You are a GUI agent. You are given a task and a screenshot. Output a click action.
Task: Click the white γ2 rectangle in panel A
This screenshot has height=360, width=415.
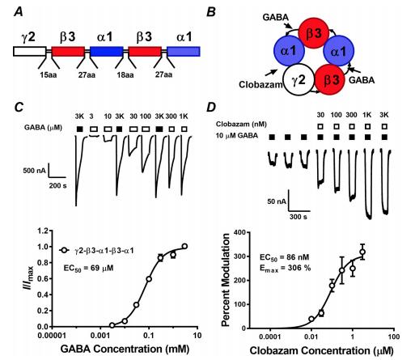pyautogui.click(x=30, y=51)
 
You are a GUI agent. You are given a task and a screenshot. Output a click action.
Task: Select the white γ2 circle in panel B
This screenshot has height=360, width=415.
pyautogui.click(x=299, y=80)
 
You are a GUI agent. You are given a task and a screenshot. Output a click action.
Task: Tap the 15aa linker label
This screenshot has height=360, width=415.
pyautogui.click(x=49, y=74)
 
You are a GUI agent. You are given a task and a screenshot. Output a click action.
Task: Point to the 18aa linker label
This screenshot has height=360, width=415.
pyautogui.click(x=125, y=74)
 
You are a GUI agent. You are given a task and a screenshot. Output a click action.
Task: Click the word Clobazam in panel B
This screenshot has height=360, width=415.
pyautogui.click(x=260, y=85)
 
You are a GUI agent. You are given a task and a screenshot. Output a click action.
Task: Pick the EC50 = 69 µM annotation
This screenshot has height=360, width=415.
pyautogui.click(x=88, y=269)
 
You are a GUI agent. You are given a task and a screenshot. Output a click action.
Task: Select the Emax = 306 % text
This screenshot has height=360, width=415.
pyautogui.click(x=286, y=268)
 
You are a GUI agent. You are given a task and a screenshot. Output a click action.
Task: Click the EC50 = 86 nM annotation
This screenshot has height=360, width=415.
pyautogui.click(x=285, y=257)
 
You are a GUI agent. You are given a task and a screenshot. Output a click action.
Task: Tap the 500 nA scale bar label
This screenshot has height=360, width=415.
pyautogui.click(x=35, y=171)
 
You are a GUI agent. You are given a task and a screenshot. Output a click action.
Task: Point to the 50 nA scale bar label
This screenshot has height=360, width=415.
pyautogui.click(x=277, y=201)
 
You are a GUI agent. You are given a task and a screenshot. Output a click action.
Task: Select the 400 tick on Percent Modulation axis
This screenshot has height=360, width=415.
pyautogui.click(x=239, y=232)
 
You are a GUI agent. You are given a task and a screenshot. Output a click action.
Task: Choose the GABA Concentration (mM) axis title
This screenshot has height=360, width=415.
pyautogui.click(x=125, y=349)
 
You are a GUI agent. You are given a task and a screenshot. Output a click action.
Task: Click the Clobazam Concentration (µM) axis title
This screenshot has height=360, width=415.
pyautogui.click(x=322, y=351)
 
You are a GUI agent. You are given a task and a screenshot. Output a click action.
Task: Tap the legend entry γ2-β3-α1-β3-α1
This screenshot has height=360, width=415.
pyautogui.click(x=97, y=251)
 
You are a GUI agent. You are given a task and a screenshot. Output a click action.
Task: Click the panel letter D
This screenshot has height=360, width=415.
pyautogui.click(x=211, y=108)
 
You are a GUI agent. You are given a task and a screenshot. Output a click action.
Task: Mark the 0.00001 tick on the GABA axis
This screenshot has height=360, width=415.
pyautogui.click(x=53, y=336)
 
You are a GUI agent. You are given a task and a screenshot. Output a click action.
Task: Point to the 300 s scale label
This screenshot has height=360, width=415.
pyautogui.click(x=299, y=217)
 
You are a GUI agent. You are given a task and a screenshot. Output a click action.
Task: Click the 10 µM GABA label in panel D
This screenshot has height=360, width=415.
pyautogui.click(x=237, y=136)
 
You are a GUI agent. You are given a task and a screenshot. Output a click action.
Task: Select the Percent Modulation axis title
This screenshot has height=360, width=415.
pyautogui.click(x=226, y=280)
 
